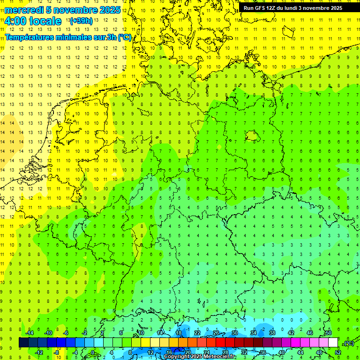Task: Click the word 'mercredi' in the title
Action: click(x=23, y=10)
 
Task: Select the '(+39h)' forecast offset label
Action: click(x=81, y=21)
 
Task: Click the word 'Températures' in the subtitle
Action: click(x=30, y=37)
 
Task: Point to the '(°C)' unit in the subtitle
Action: click(x=124, y=37)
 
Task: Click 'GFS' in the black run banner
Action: click(x=261, y=8)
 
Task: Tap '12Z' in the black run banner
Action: click(x=274, y=8)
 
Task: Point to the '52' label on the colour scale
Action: click(x=338, y=352)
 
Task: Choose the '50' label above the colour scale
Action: click(x=329, y=333)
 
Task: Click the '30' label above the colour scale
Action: click(x=235, y=333)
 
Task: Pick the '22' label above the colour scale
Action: click(x=197, y=333)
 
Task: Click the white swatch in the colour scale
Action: click(x=333, y=343)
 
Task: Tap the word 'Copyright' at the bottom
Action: click(x=177, y=357)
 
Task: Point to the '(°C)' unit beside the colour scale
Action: click(x=349, y=343)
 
